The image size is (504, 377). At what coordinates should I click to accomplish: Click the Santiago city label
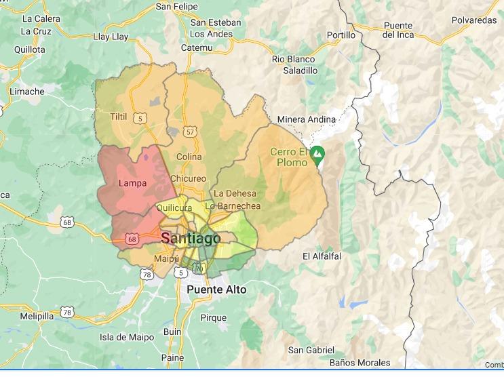pos(191,239)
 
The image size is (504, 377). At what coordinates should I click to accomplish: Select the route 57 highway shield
pos(190,132)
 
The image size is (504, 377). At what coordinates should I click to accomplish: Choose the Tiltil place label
pos(119,117)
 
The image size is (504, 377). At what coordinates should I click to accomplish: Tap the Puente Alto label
pos(216,290)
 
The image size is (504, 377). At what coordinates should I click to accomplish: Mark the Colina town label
pos(189,157)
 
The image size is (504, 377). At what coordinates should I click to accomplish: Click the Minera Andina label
pos(306,120)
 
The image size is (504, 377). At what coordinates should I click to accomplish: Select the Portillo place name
pos(341,35)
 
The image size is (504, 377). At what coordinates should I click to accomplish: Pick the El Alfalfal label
pos(322,256)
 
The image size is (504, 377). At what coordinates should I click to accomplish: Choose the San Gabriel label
pos(311,350)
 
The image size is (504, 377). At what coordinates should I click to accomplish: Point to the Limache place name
pos(27,92)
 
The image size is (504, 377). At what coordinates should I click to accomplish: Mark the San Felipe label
pos(177,7)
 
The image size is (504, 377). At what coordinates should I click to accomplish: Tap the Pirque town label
pos(214,317)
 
